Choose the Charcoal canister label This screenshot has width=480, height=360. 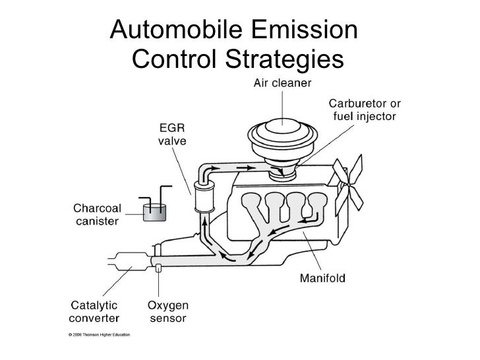[96, 214]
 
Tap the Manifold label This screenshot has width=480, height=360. [323, 277]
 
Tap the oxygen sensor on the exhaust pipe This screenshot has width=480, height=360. [158, 268]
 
